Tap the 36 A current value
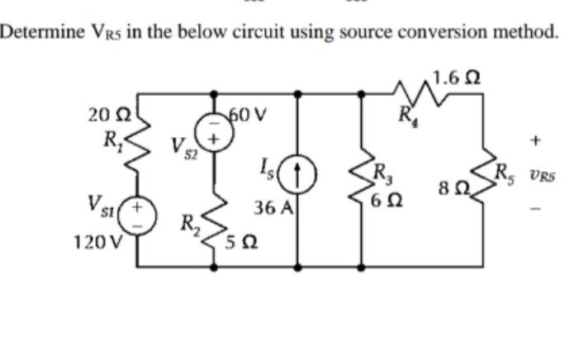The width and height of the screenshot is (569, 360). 271,210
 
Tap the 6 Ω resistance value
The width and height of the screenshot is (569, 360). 387,199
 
